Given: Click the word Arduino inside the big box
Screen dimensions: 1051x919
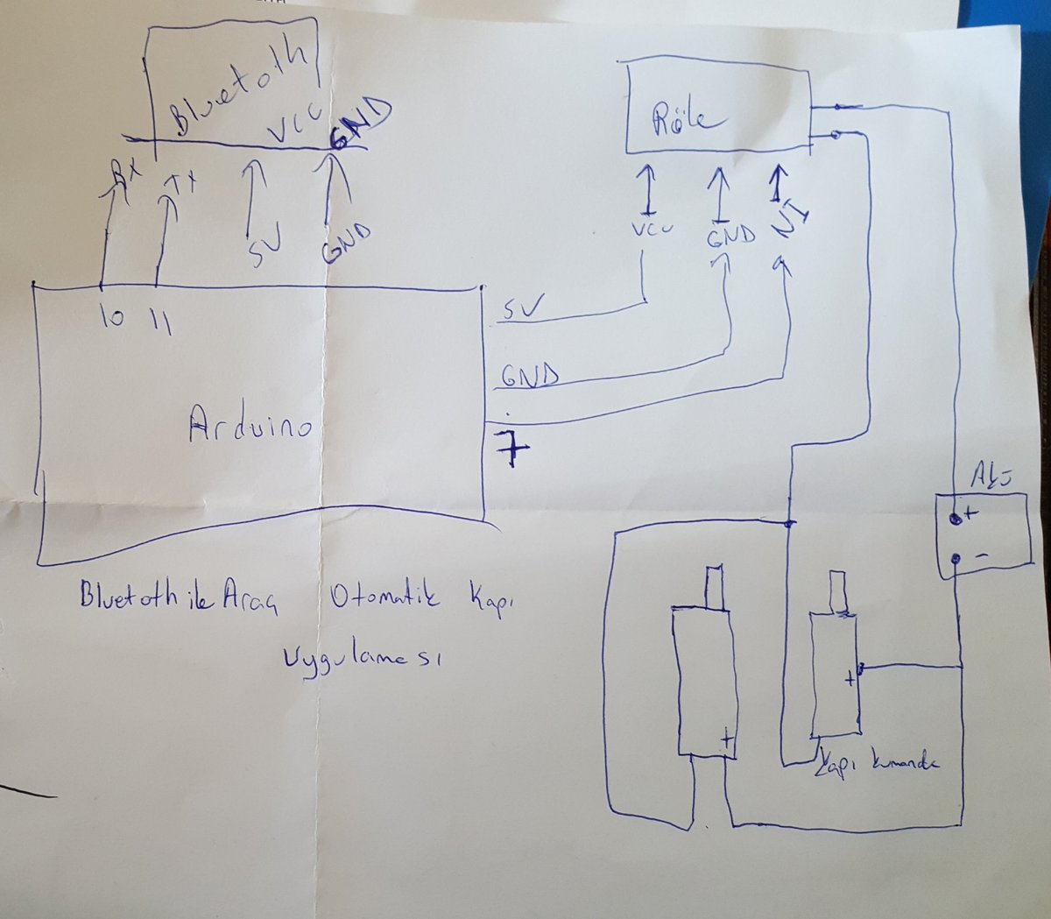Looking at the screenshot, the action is pos(250,427).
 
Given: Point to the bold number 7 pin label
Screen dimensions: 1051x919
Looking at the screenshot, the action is pos(511,447).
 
